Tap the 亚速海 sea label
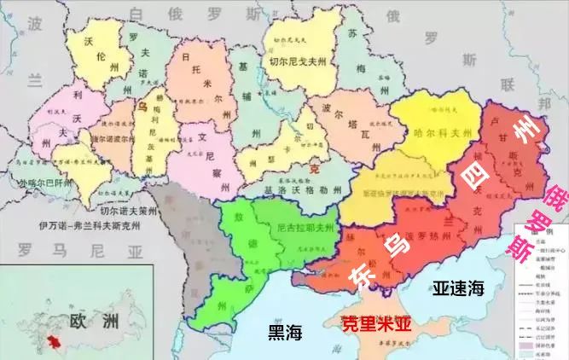(x=458, y=287)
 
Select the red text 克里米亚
(x=375, y=323)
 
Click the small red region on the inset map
(x=56, y=342)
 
